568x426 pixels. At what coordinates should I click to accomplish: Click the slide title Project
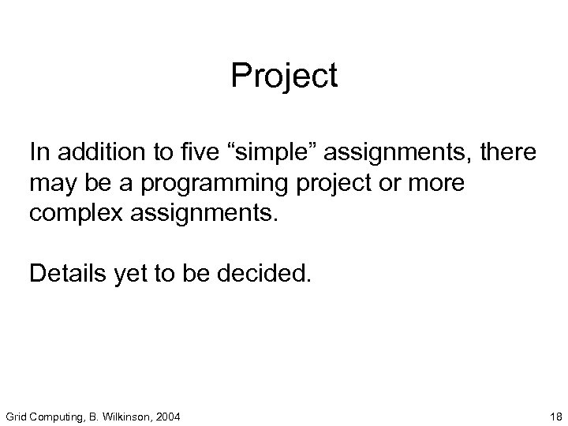click(284, 77)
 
